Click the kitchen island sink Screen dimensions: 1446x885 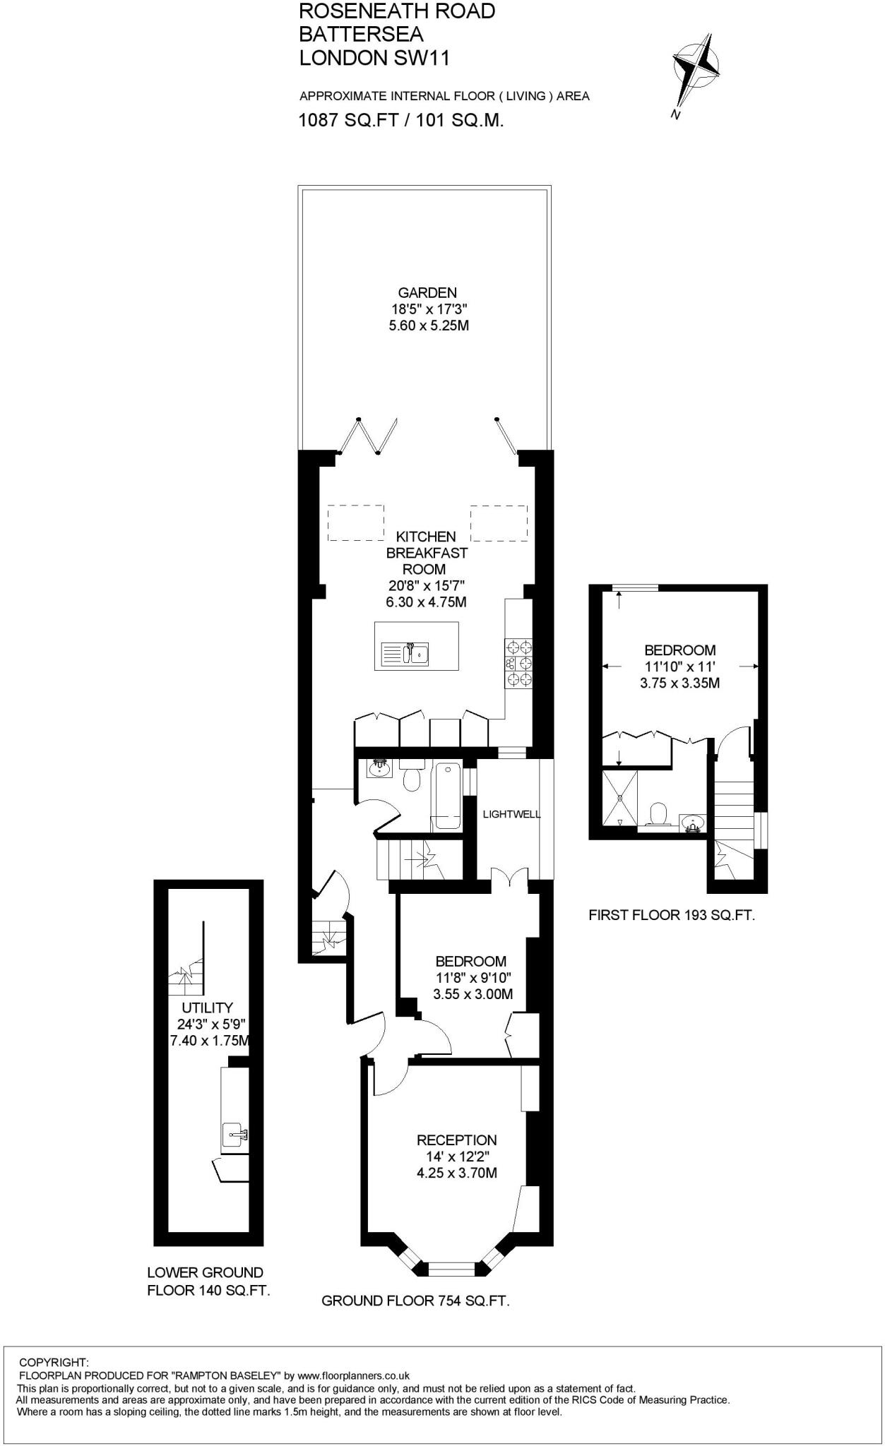coord(416,653)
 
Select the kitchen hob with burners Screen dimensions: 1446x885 coord(518,663)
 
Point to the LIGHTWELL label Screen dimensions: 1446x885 coord(511,814)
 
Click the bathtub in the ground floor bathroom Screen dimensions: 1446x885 coord(446,796)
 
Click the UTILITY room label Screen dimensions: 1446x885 coord(207,1008)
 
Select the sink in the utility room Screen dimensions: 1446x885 coord(234,1135)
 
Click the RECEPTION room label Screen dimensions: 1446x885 coord(456,1140)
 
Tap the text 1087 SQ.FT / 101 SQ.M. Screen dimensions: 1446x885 coord(401,120)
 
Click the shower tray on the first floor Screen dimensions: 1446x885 coord(619,798)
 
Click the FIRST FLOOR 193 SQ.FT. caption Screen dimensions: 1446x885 coord(672,916)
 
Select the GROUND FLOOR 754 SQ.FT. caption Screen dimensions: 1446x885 coord(415,1301)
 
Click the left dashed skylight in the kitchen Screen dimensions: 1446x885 coord(356,523)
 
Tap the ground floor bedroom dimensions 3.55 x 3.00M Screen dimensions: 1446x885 coord(473,994)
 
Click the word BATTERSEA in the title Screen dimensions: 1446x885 coord(361,34)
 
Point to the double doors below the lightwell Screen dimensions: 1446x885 coord(510,877)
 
